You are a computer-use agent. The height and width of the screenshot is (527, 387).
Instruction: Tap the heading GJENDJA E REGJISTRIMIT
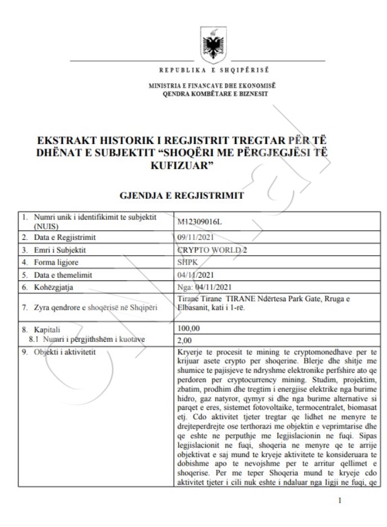(x=182, y=195)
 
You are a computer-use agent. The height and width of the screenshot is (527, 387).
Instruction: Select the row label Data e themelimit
(x=63, y=275)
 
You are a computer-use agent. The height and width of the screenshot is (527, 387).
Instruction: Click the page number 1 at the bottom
(x=340, y=500)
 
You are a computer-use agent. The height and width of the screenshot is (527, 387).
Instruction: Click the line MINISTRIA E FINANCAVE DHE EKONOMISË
(x=212, y=86)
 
